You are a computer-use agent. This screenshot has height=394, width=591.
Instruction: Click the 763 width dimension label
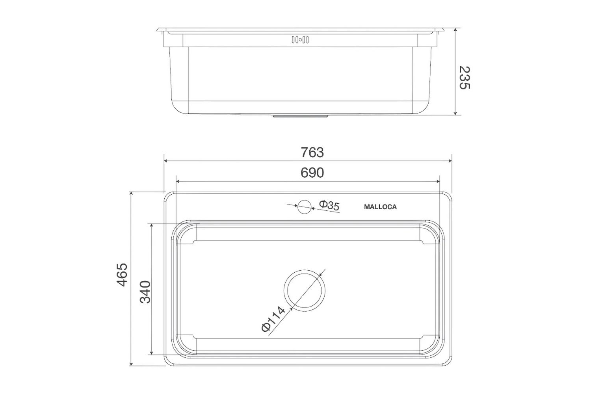tap(312, 152)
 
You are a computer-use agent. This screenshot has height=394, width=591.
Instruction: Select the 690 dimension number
tap(312, 173)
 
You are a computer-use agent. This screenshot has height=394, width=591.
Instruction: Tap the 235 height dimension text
tap(465, 77)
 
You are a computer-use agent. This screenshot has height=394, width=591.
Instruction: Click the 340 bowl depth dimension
tap(145, 292)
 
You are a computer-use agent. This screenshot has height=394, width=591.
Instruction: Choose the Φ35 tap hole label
tap(329, 205)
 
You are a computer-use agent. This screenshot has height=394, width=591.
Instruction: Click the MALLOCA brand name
tap(380, 206)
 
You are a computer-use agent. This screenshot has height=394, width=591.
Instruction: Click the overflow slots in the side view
tap(300, 39)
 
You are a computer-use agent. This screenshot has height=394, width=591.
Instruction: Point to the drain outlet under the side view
tap(301, 116)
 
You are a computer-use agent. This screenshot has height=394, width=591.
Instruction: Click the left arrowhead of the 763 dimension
tap(166, 161)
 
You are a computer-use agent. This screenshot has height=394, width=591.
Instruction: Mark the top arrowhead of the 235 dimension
tap(456, 30)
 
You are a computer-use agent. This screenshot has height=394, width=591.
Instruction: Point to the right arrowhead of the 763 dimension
tap(449, 161)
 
